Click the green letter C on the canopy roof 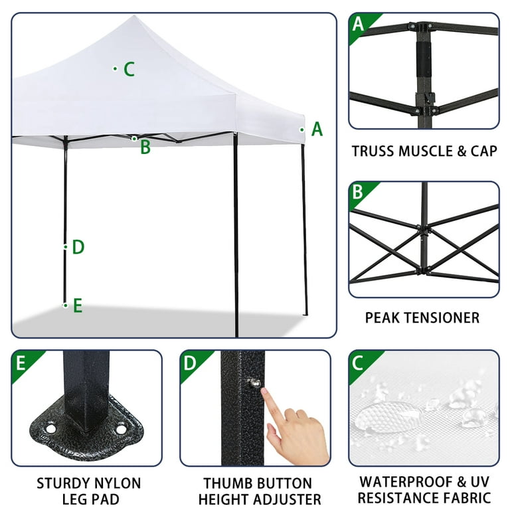coord(129,69)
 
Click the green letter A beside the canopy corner coord(317,129)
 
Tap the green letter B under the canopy coord(145,147)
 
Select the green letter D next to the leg coord(78,248)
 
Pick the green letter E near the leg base coord(78,306)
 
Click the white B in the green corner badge coord(358,193)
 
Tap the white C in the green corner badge coord(358,363)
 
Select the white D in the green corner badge coord(190,363)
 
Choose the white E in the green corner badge coord(21,363)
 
